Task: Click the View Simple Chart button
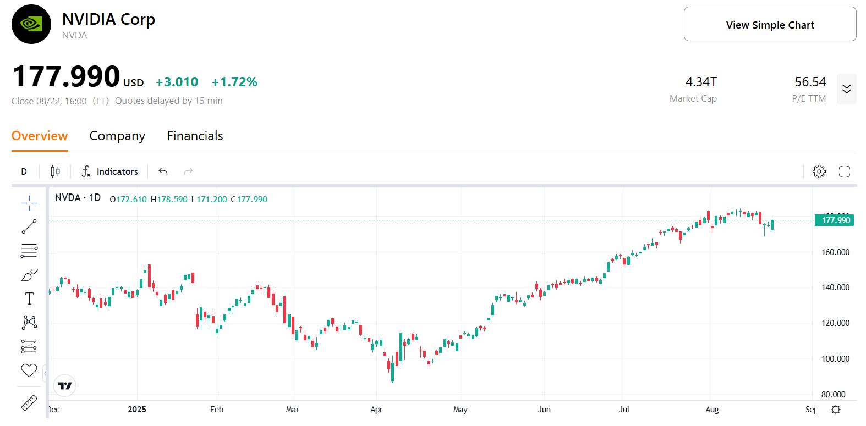770,24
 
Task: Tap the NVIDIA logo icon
31,24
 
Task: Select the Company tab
117,136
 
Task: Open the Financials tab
195,136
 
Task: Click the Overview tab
40,136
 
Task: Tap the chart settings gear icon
819,171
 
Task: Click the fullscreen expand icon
845,171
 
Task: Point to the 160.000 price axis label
835,252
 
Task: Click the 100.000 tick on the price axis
835,359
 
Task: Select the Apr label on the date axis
376,410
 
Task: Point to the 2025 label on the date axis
137,410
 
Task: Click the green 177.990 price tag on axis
835,220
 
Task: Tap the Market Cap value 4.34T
701,82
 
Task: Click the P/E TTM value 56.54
810,82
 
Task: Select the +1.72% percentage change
234,82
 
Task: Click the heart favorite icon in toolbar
29,370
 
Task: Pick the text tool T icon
29,298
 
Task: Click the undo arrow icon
163,171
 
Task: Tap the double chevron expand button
846,89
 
